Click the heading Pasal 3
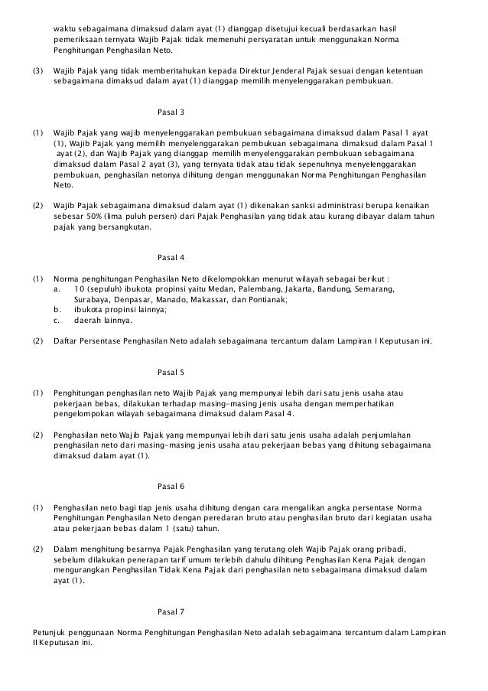[x=170, y=112]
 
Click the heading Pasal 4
[x=170, y=256]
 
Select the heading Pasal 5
[x=170, y=372]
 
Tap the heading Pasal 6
[x=170, y=487]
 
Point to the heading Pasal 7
[x=170, y=612]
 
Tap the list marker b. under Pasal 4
[x=57, y=310]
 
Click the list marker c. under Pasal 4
[x=57, y=321]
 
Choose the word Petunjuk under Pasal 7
[x=49, y=633]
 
